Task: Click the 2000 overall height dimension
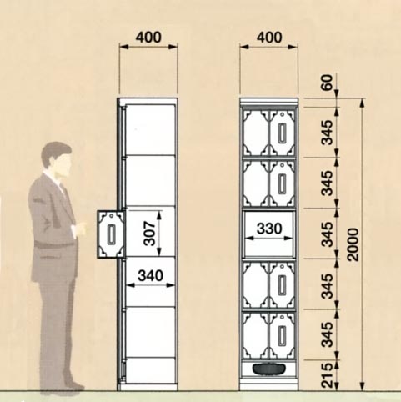353,244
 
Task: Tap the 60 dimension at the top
328,83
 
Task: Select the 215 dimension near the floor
328,375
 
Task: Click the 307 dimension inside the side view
150,234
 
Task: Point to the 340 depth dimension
150,276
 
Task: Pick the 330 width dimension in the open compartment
269,229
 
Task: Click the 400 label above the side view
148,38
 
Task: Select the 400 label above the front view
269,38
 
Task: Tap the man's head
57,160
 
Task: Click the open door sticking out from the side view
111,234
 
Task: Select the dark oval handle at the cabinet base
269,369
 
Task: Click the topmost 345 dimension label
327,133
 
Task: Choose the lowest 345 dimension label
327,334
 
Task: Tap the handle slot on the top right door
282,133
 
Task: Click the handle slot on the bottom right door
282,335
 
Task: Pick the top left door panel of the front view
256,132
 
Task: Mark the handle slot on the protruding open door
111,235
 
